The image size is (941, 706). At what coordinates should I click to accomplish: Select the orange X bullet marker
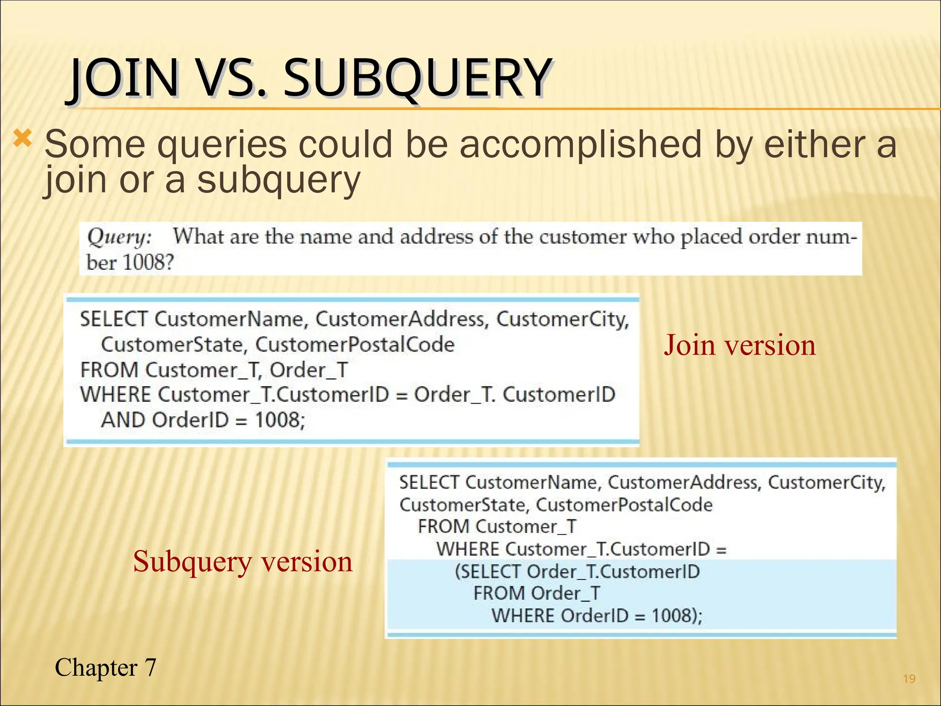pyautogui.click(x=23, y=138)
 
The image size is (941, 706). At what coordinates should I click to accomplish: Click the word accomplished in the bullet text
pyautogui.click(x=581, y=144)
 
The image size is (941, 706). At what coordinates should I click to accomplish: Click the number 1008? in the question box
pyautogui.click(x=148, y=263)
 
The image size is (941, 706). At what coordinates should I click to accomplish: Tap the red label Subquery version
pyautogui.click(x=243, y=561)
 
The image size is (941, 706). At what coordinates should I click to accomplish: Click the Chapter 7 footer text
pyautogui.click(x=105, y=667)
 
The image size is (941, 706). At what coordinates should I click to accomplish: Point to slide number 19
pyautogui.click(x=909, y=679)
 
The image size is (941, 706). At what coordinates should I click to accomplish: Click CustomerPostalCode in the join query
pyautogui.click(x=355, y=345)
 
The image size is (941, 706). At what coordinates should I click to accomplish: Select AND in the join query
pyautogui.click(x=123, y=420)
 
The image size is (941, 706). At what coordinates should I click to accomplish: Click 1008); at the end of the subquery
pyautogui.click(x=677, y=615)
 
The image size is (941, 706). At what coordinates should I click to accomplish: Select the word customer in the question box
pyautogui.click(x=582, y=237)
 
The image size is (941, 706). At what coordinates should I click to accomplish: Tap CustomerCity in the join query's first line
pyautogui.click(x=562, y=319)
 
